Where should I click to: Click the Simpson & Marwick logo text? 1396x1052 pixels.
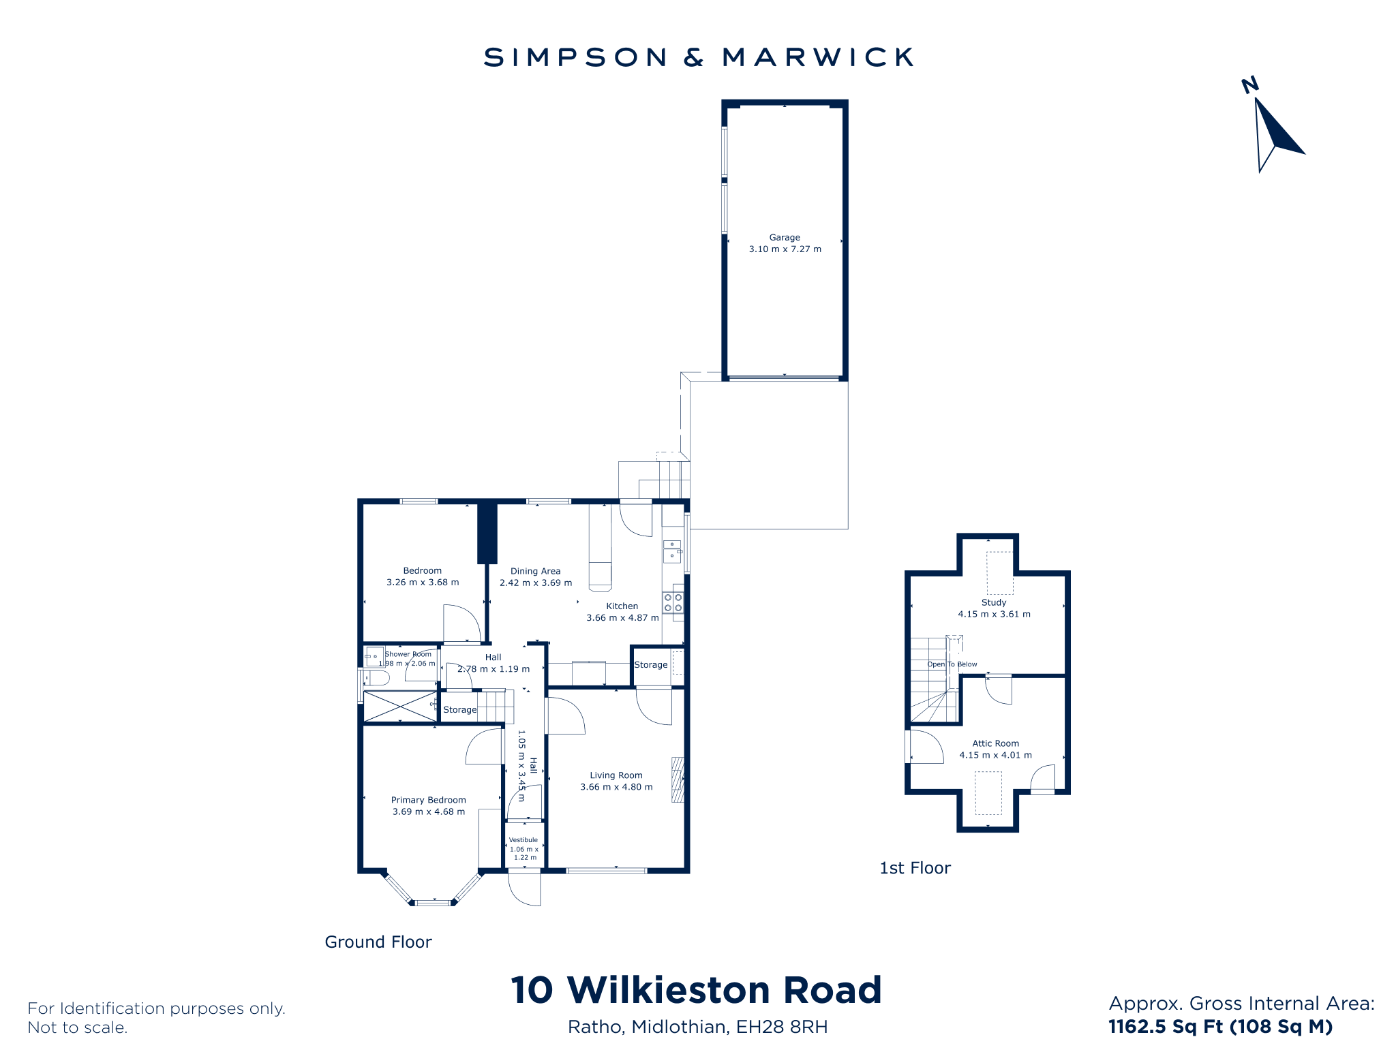[x=698, y=57]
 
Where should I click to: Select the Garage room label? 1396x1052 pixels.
[x=785, y=238]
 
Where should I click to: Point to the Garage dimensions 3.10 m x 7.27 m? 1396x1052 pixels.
[x=785, y=249]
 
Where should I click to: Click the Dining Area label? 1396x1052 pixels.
[x=536, y=572]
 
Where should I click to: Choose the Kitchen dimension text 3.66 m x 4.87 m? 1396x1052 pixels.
[x=623, y=618]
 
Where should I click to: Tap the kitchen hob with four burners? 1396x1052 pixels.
[x=673, y=603]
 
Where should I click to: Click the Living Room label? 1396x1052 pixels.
[x=616, y=775]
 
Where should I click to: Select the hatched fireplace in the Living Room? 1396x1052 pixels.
[x=678, y=779]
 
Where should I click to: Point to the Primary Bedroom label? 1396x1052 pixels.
[x=429, y=800]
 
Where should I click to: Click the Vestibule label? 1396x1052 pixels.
[x=523, y=840]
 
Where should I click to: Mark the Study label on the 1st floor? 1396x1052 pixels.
[x=994, y=602]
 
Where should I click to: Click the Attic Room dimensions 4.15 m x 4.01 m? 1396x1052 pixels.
[x=996, y=755]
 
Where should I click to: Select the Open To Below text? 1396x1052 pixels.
[x=952, y=664]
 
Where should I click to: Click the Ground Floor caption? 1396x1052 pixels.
[x=378, y=942]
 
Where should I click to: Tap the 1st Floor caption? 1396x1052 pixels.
[x=915, y=868]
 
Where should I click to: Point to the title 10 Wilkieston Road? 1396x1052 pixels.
[x=697, y=990]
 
